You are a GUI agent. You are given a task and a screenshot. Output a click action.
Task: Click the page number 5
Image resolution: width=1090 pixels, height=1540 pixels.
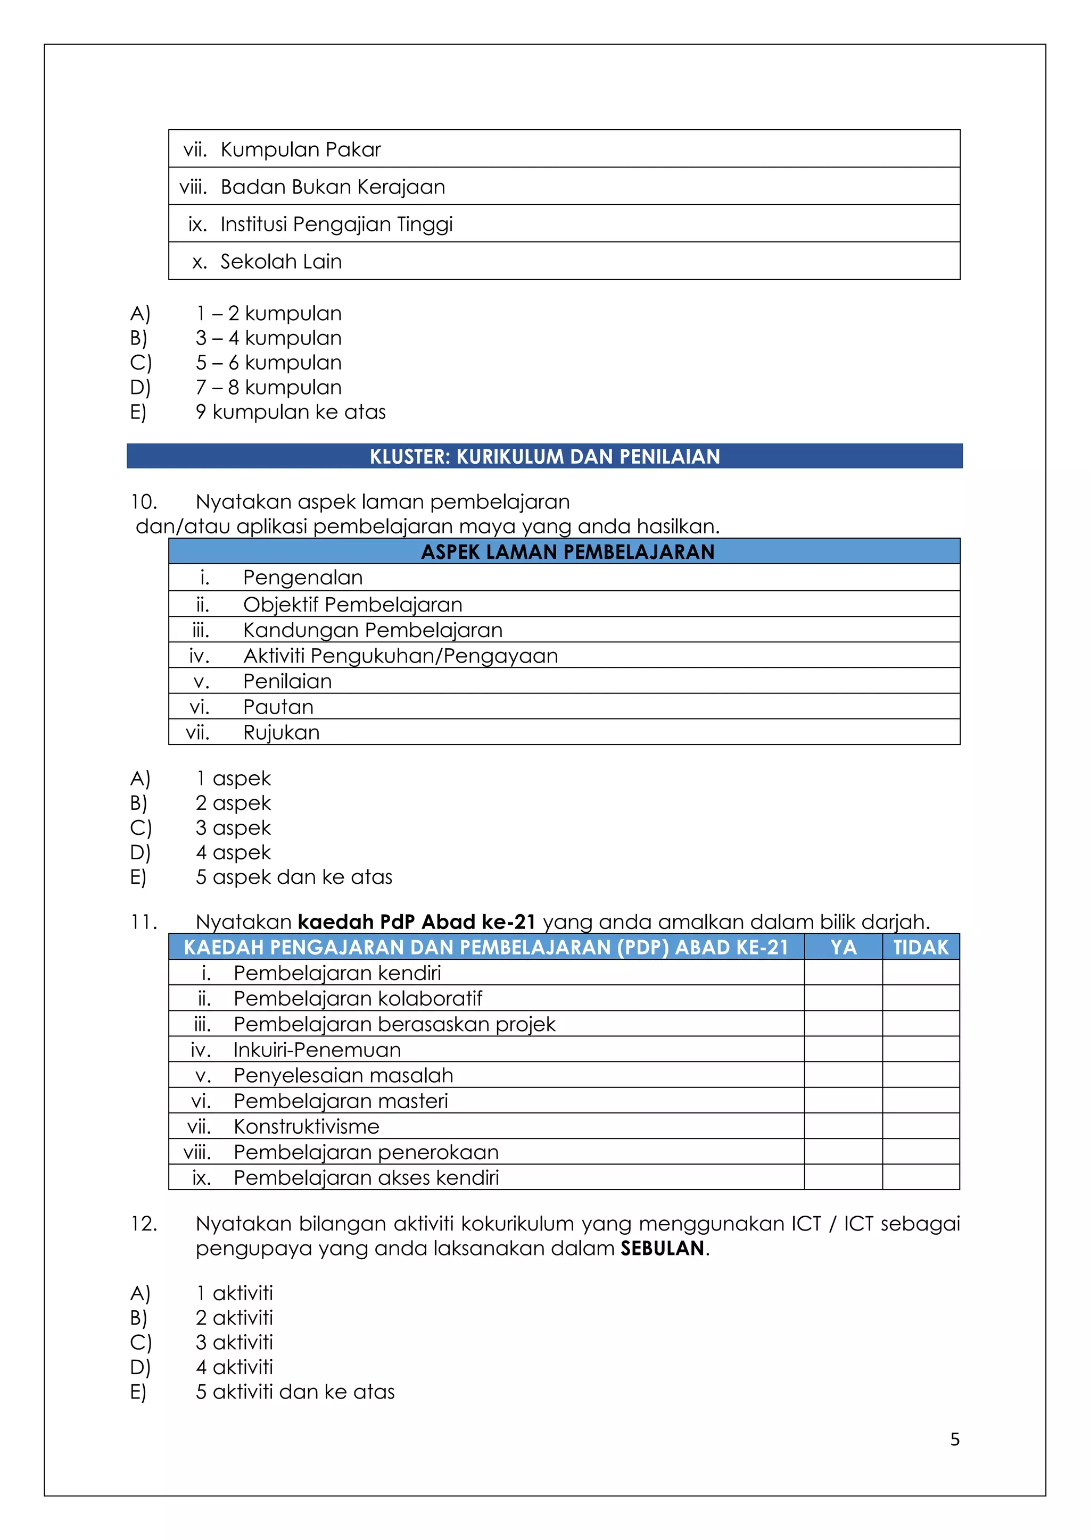[954, 1439]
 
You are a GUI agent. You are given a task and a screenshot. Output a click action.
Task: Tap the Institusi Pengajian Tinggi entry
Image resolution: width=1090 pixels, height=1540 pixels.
[336, 224]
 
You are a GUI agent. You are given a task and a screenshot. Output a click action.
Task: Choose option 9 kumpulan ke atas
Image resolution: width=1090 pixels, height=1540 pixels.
[291, 412]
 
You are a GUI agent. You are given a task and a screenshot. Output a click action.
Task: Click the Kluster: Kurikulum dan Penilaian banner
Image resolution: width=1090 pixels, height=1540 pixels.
[544, 456]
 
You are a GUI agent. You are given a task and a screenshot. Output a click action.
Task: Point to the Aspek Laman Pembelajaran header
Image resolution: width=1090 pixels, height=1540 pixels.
[567, 551]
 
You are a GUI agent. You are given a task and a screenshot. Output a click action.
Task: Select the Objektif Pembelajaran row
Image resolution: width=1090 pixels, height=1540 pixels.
[352, 604]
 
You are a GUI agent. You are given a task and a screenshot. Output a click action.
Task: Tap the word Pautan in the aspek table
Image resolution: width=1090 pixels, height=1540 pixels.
[278, 707]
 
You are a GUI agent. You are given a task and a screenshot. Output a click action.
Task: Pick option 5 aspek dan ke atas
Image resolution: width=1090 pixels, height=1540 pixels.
[294, 877]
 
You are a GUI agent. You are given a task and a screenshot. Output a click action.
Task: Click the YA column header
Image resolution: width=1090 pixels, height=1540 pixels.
[843, 947]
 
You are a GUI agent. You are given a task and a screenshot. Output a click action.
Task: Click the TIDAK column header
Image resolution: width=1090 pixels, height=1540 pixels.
[921, 947]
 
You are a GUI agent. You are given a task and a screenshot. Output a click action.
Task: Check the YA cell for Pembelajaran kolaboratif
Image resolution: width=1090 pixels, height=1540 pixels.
[843, 998]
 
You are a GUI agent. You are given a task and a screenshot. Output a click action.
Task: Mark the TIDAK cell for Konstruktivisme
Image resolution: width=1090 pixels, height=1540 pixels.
[921, 1126]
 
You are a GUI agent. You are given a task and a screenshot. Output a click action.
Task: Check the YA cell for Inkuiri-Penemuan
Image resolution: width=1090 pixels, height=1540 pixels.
[843, 1049]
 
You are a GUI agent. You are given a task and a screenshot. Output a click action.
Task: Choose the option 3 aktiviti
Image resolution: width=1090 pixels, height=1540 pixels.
[234, 1342]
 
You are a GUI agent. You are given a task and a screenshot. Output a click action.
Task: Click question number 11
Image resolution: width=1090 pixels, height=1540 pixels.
[143, 922]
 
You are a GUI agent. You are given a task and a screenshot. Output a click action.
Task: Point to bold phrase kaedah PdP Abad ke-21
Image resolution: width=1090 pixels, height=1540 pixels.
[416, 922]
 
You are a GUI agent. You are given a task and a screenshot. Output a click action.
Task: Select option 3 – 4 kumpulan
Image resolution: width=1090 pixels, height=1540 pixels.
[268, 338]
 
